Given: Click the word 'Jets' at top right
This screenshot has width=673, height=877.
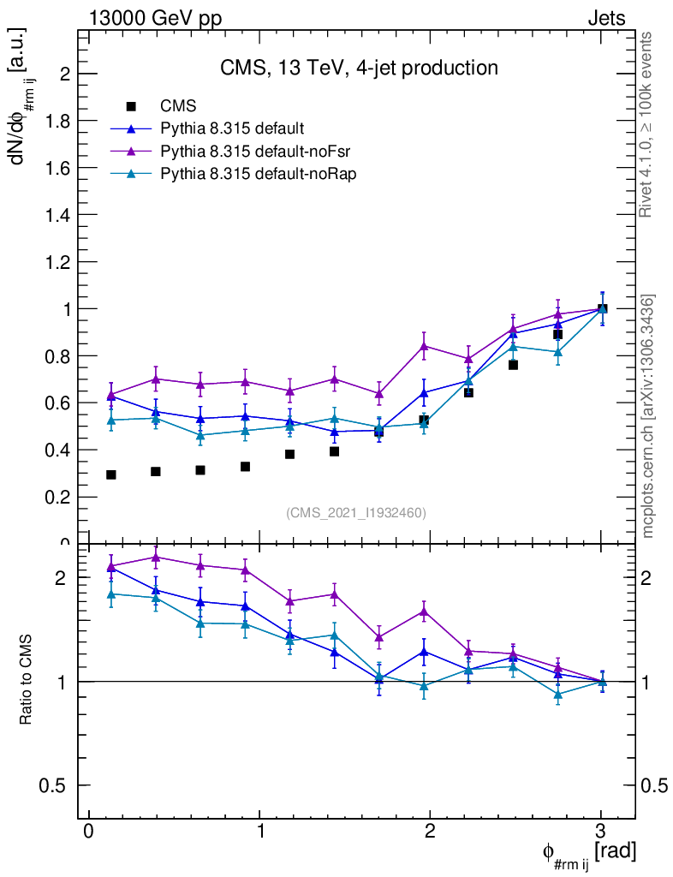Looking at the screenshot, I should click(605, 18).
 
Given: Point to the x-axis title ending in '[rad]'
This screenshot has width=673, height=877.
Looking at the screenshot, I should click(588, 853).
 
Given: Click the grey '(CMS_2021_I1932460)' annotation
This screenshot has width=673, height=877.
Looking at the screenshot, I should click(355, 512).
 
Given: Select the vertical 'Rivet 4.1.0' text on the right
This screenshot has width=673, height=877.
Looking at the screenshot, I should click(646, 125).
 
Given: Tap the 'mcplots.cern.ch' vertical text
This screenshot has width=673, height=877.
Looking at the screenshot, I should click(648, 416).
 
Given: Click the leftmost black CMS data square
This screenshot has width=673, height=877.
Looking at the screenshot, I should click(110, 474).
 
